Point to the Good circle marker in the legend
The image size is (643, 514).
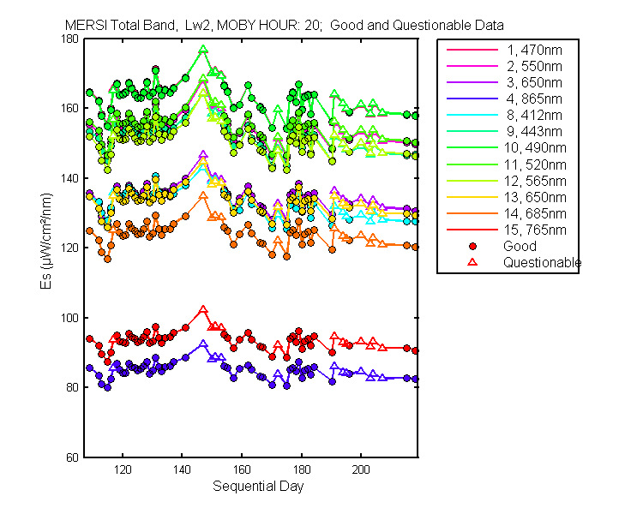pyautogui.click(x=472, y=246)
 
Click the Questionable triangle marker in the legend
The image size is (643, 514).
pyautogui.click(x=472, y=262)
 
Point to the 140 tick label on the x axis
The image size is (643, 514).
pyautogui.click(x=182, y=469)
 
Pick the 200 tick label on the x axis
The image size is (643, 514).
pyautogui.click(x=361, y=469)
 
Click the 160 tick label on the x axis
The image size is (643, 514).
pyautogui.click(x=242, y=469)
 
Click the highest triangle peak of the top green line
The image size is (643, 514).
pyautogui.click(x=203, y=50)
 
